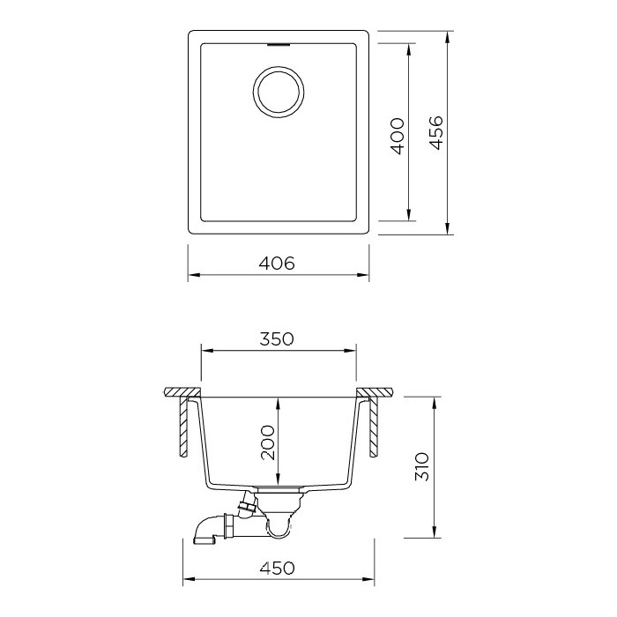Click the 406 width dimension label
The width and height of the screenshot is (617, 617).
[x=277, y=264]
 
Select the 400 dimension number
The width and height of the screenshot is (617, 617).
[x=398, y=136]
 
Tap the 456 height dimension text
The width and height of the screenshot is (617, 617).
[x=436, y=132]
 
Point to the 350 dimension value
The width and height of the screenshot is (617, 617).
[x=277, y=338]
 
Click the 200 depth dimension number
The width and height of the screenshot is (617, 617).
[x=268, y=442]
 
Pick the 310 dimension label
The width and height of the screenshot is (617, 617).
[x=422, y=466]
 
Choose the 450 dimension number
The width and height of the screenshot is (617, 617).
[x=277, y=568]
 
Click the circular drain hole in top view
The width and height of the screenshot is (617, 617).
[x=279, y=92]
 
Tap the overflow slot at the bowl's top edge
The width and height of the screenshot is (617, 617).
[x=279, y=45]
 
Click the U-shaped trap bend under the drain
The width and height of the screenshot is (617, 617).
[x=279, y=526]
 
